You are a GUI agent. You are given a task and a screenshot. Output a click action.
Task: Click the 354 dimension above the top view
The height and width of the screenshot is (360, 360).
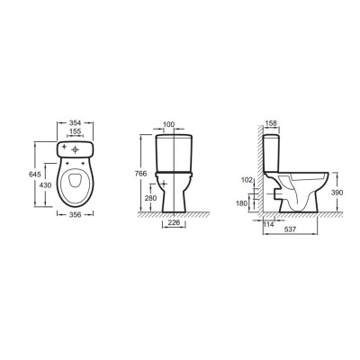[x=75, y=122]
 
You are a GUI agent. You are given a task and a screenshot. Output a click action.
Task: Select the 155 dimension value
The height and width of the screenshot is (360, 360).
[x=75, y=131]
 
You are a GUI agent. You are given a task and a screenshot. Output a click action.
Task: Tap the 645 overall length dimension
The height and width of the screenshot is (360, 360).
[x=35, y=174]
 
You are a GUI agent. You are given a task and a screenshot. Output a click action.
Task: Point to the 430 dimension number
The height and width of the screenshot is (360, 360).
[x=46, y=185]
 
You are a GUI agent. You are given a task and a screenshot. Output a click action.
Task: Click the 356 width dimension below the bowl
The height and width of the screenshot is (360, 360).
[x=75, y=214]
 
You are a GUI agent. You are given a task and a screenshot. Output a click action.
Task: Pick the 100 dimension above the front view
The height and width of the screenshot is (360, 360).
[x=169, y=124]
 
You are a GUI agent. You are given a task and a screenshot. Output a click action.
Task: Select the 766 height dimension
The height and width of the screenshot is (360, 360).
[x=140, y=174]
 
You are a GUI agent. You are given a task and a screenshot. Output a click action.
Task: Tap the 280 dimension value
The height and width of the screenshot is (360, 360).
[x=150, y=198]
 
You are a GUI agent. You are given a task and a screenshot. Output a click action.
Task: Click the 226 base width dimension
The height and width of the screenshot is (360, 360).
[x=174, y=222]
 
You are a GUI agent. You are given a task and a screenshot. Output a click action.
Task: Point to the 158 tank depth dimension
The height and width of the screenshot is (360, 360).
[x=271, y=123]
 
